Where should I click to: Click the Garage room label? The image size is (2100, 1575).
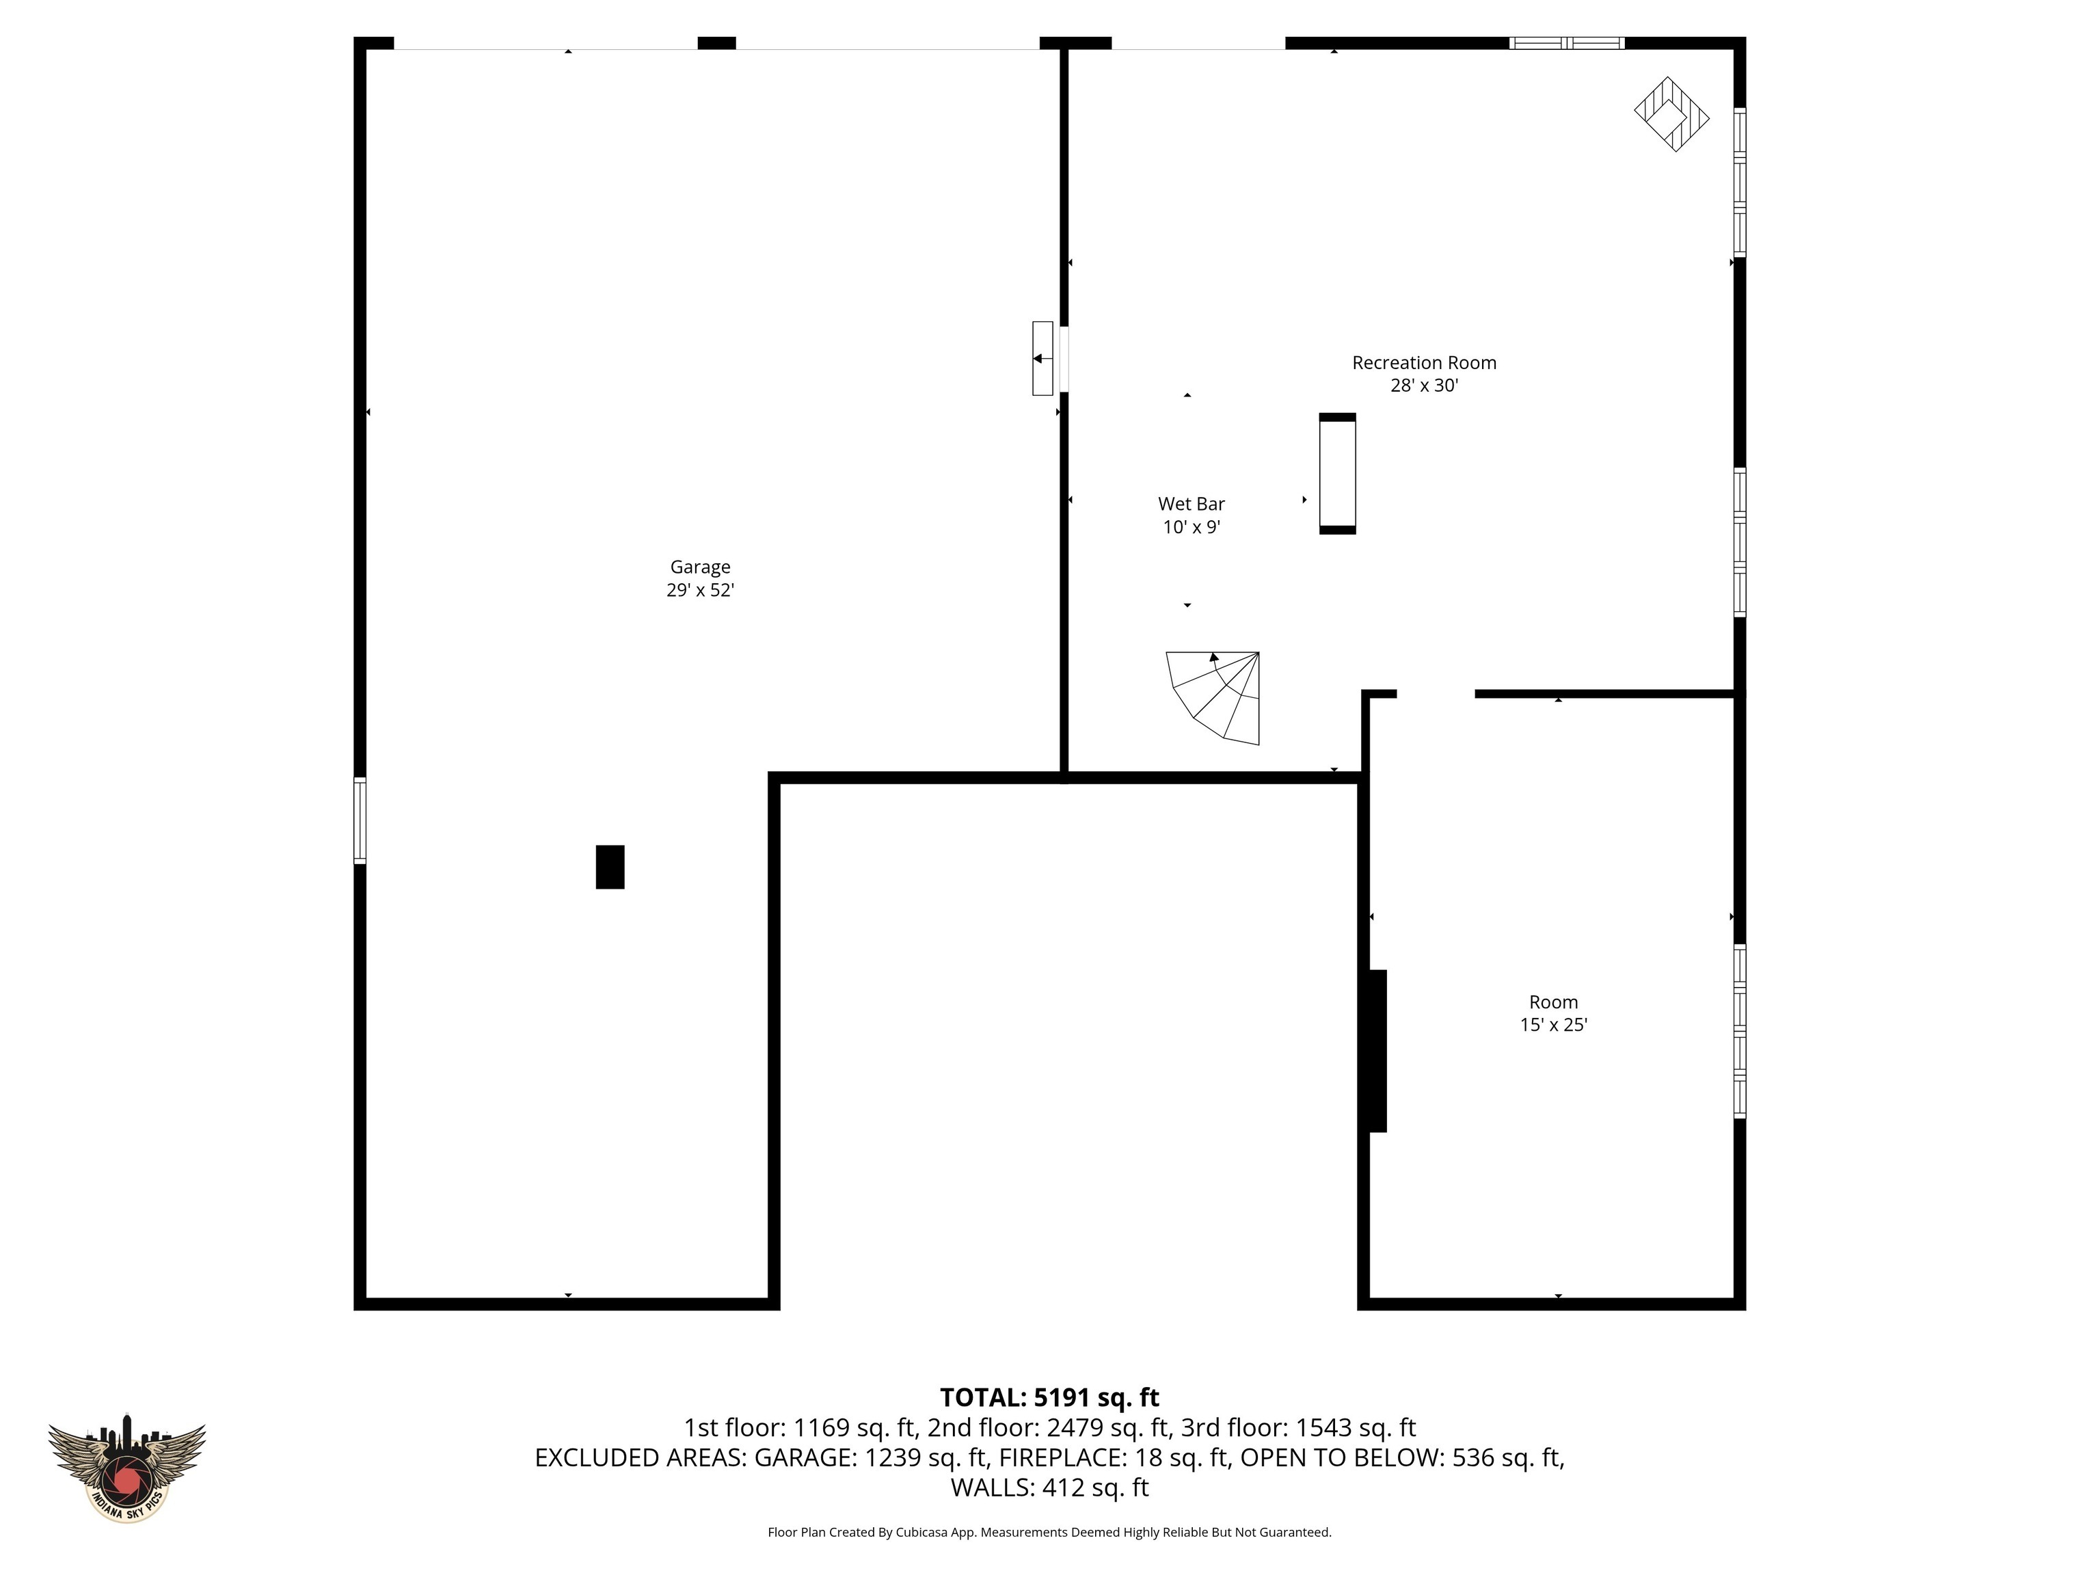click(x=700, y=567)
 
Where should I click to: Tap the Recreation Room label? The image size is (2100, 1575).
click(x=1423, y=363)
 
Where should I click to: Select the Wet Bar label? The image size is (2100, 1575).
click(x=1191, y=504)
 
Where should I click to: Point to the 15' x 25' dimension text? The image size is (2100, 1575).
click(x=1553, y=1025)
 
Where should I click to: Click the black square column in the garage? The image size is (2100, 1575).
click(x=610, y=867)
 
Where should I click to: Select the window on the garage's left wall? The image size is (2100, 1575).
click(x=360, y=820)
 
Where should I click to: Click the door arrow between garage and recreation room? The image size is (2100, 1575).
click(x=1042, y=359)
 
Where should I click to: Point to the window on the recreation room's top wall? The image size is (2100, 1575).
click(x=1567, y=42)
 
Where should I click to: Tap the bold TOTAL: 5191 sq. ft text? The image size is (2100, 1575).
click(x=1049, y=1397)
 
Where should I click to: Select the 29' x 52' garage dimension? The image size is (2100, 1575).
click(x=700, y=589)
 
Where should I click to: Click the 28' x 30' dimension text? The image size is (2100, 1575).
click(x=1423, y=386)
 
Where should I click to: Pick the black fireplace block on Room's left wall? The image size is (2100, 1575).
click(x=1377, y=1051)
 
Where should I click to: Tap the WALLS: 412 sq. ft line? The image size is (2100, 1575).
click(x=1049, y=1487)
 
